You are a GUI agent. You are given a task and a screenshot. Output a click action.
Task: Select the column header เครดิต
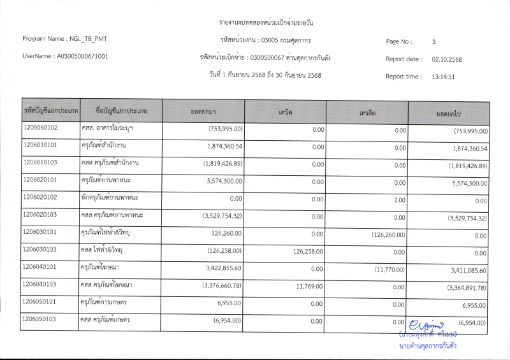(x=367, y=112)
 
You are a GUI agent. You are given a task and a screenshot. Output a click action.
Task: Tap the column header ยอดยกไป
(x=449, y=112)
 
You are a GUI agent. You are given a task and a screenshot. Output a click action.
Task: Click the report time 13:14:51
(x=442, y=76)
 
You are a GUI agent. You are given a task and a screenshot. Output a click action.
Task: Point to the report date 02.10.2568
(x=446, y=59)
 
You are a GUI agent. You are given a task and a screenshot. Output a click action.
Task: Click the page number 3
(x=433, y=42)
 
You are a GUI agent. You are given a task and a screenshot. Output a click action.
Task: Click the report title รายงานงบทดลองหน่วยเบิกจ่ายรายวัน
(x=266, y=23)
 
